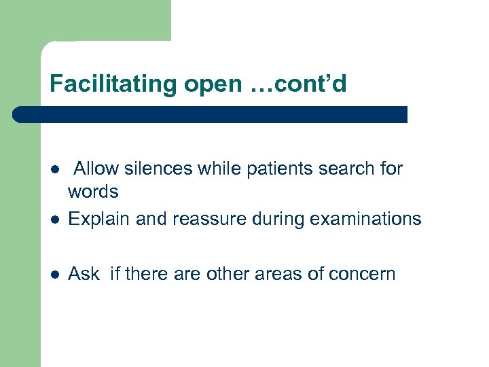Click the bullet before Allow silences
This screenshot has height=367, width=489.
[x=54, y=169]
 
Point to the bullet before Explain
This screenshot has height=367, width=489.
[x=54, y=220]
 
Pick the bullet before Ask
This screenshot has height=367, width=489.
[x=54, y=275]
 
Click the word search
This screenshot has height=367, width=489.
[x=344, y=168]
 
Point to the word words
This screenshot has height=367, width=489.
[x=93, y=192]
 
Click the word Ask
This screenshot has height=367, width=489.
[x=84, y=274]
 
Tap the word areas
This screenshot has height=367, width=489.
[x=266, y=274]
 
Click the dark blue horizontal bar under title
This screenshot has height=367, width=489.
[x=211, y=114]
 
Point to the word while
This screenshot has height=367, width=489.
[x=216, y=168]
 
